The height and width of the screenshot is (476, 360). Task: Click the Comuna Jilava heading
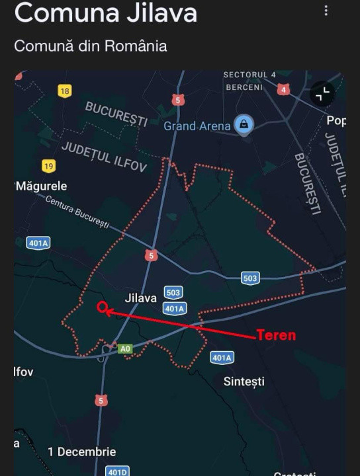point(106,13)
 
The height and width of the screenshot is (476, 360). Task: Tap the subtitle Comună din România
point(90,46)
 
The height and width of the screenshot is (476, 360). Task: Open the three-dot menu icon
point(326,11)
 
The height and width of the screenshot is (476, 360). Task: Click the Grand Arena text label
point(197,126)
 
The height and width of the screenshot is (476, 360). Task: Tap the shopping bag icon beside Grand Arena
point(244,125)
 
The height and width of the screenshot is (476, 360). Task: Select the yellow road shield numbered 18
point(64,91)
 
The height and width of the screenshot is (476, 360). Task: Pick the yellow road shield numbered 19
point(48,166)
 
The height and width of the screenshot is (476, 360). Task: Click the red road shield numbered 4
point(284,89)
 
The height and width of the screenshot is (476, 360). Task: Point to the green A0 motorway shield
point(125,348)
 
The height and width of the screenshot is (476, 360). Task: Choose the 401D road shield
point(117,471)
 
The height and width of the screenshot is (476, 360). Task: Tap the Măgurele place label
point(41,186)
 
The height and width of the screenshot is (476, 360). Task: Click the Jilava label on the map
point(141,298)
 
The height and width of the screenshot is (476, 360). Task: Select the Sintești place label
point(244,381)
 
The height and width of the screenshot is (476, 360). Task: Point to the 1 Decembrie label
point(82,452)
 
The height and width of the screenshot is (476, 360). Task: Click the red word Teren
point(276,335)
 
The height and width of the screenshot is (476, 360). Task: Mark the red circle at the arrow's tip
point(103,307)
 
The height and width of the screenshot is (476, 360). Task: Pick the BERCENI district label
point(244,87)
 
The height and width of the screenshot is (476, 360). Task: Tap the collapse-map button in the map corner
point(323,95)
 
